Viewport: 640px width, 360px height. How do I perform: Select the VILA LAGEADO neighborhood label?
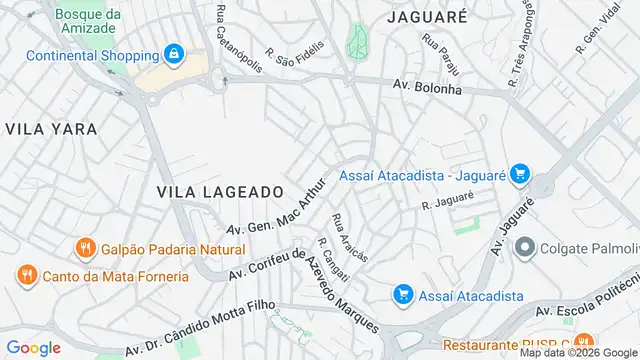(220, 190)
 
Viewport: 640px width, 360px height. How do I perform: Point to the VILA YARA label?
(51, 129)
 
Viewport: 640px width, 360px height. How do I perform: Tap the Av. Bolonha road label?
(427, 88)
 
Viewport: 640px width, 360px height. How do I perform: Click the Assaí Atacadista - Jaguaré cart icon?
(518, 175)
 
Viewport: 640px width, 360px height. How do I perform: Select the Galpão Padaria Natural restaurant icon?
(86, 249)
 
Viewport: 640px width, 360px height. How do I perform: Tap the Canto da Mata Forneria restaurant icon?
(27, 275)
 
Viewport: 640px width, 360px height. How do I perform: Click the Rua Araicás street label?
(350, 237)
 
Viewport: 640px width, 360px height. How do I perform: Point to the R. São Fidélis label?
(295, 50)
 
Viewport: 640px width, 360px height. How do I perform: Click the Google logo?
(33, 347)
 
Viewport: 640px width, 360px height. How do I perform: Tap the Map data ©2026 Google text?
(577, 352)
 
